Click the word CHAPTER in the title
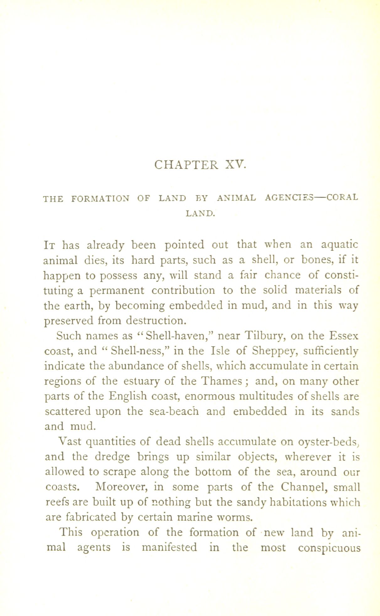pyautogui.click(x=186, y=164)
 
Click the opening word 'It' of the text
pyautogui.click(x=50, y=244)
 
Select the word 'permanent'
pyautogui.click(x=117, y=291)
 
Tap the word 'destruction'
pyautogui.click(x=157, y=321)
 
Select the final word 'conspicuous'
pyautogui.click(x=329, y=548)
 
